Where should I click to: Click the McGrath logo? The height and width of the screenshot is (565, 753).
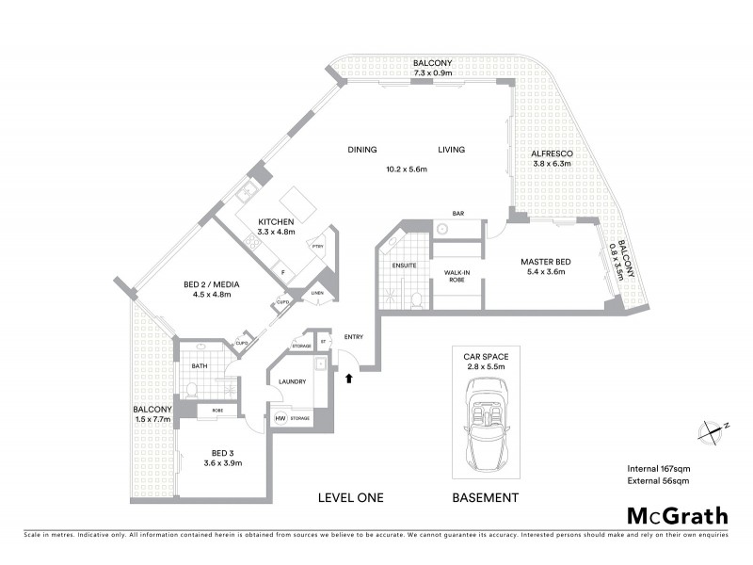tap(677, 515)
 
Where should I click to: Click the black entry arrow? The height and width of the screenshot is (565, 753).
tap(349, 379)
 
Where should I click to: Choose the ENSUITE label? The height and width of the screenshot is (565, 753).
tap(405, 266)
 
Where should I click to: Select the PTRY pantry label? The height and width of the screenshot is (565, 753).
tap(319, 247)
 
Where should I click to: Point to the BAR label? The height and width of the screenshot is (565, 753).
tap(458, 214)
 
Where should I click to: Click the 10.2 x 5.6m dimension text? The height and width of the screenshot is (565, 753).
tap(407, 169)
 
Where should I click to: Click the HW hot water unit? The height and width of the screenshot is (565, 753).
tap(280, 419)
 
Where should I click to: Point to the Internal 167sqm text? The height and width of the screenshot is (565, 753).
tap(658, 468)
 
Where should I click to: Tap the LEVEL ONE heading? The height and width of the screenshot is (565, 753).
tap(350, 497)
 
